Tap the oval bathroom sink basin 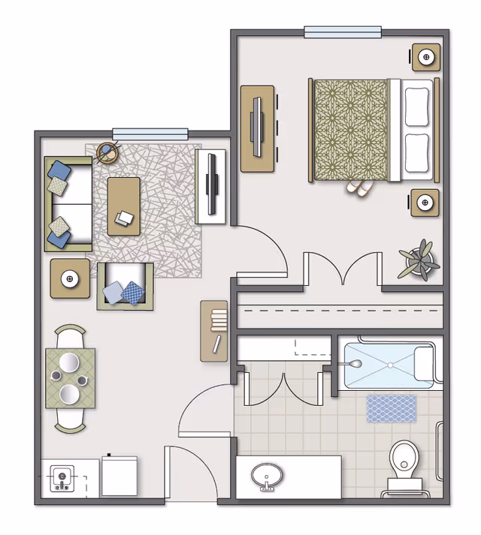point(267,476)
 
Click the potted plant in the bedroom point(418,260)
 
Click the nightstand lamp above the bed point(426,56)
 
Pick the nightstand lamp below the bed point(425,203)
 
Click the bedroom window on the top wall point(342,32)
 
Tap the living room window point(150,133)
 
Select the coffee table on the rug point(124,206)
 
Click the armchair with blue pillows point(125,287)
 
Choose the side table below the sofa point(70,278)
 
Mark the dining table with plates point(71,378)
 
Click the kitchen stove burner point(61,477)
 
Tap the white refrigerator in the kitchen point(119,476)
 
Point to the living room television point(212,186)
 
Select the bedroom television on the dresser point(259,128)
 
